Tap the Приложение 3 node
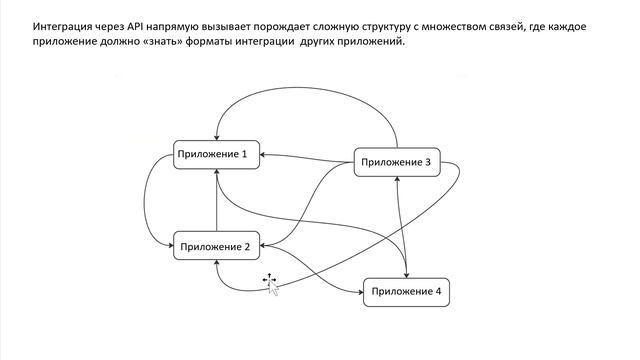click(397, 162)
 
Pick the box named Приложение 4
click(406, 292)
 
